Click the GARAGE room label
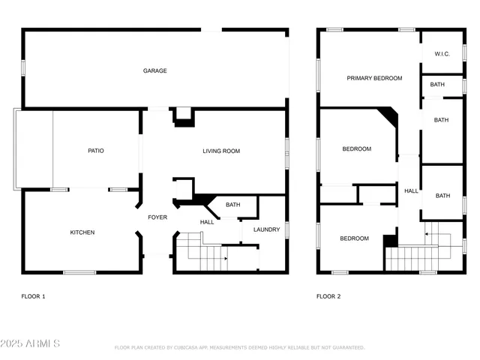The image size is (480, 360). (x=155, y=70)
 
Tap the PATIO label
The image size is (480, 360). (x=96, y=151)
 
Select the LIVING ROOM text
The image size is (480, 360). (x=221, y=151)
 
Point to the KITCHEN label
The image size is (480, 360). (x=82, y=232)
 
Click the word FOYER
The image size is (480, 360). (x=157, y=217)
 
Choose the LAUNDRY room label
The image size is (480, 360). (x=266, y=229)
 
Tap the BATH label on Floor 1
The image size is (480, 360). (x=233, y=205)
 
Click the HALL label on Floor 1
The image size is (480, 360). (x=207, y=222)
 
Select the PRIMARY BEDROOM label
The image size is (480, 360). (x=374, y=78)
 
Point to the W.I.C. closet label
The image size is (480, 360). (x=442, y=54)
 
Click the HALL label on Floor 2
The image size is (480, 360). (x=411, y=191)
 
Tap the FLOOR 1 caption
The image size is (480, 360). (x=33, y=296)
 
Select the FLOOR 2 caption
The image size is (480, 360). (x=328, y=296)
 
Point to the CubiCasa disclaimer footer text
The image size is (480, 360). (x=239, y=348)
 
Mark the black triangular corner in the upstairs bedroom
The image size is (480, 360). (x=388, y=115)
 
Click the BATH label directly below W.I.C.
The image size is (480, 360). (x=437, y=85)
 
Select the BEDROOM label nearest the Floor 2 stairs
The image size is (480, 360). (x=354, y=238)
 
